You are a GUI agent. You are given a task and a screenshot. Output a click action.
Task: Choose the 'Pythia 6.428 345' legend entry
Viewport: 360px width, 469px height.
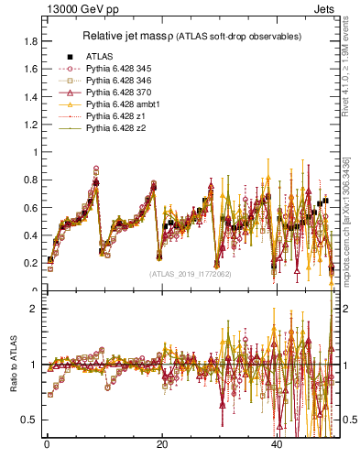[117, 69]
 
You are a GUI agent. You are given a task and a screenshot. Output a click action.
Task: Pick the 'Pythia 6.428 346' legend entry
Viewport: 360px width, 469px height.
[117, 81]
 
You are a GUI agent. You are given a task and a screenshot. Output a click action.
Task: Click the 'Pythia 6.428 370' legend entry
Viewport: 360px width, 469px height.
[117, 93]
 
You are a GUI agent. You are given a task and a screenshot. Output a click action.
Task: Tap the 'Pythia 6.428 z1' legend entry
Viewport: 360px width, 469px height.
[114, 116]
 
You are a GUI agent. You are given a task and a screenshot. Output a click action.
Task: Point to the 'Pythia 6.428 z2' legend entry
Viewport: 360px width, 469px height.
[114, 128]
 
